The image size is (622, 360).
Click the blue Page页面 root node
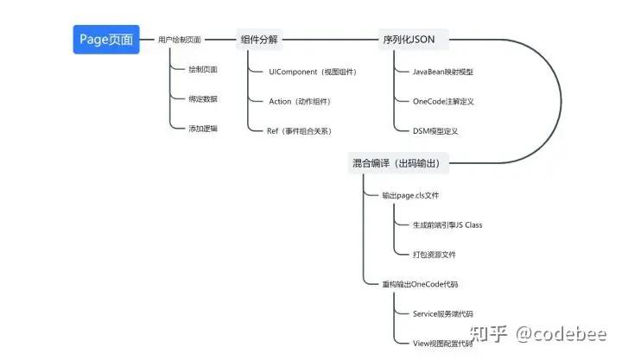click(105, 40)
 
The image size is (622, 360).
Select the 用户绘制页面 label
click(180, 40)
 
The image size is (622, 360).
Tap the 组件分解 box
click(260, 40)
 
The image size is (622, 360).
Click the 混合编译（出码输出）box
click(401, 163)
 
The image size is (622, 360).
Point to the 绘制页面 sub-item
click(203, 69)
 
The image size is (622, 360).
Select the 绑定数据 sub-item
click(203, 98)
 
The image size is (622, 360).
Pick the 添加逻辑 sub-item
click(203, 129)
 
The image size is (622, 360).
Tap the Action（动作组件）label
click(300, 101)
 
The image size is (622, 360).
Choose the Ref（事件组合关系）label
click(300, 131)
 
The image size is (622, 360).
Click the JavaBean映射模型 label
click(455, 72)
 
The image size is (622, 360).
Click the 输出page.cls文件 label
click(411, 196)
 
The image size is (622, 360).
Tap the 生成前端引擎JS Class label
click(447, 224)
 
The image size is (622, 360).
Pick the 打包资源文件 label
click(435, 255)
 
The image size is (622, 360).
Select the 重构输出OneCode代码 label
click(421, 284)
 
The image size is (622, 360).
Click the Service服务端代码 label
click(443, 313)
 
